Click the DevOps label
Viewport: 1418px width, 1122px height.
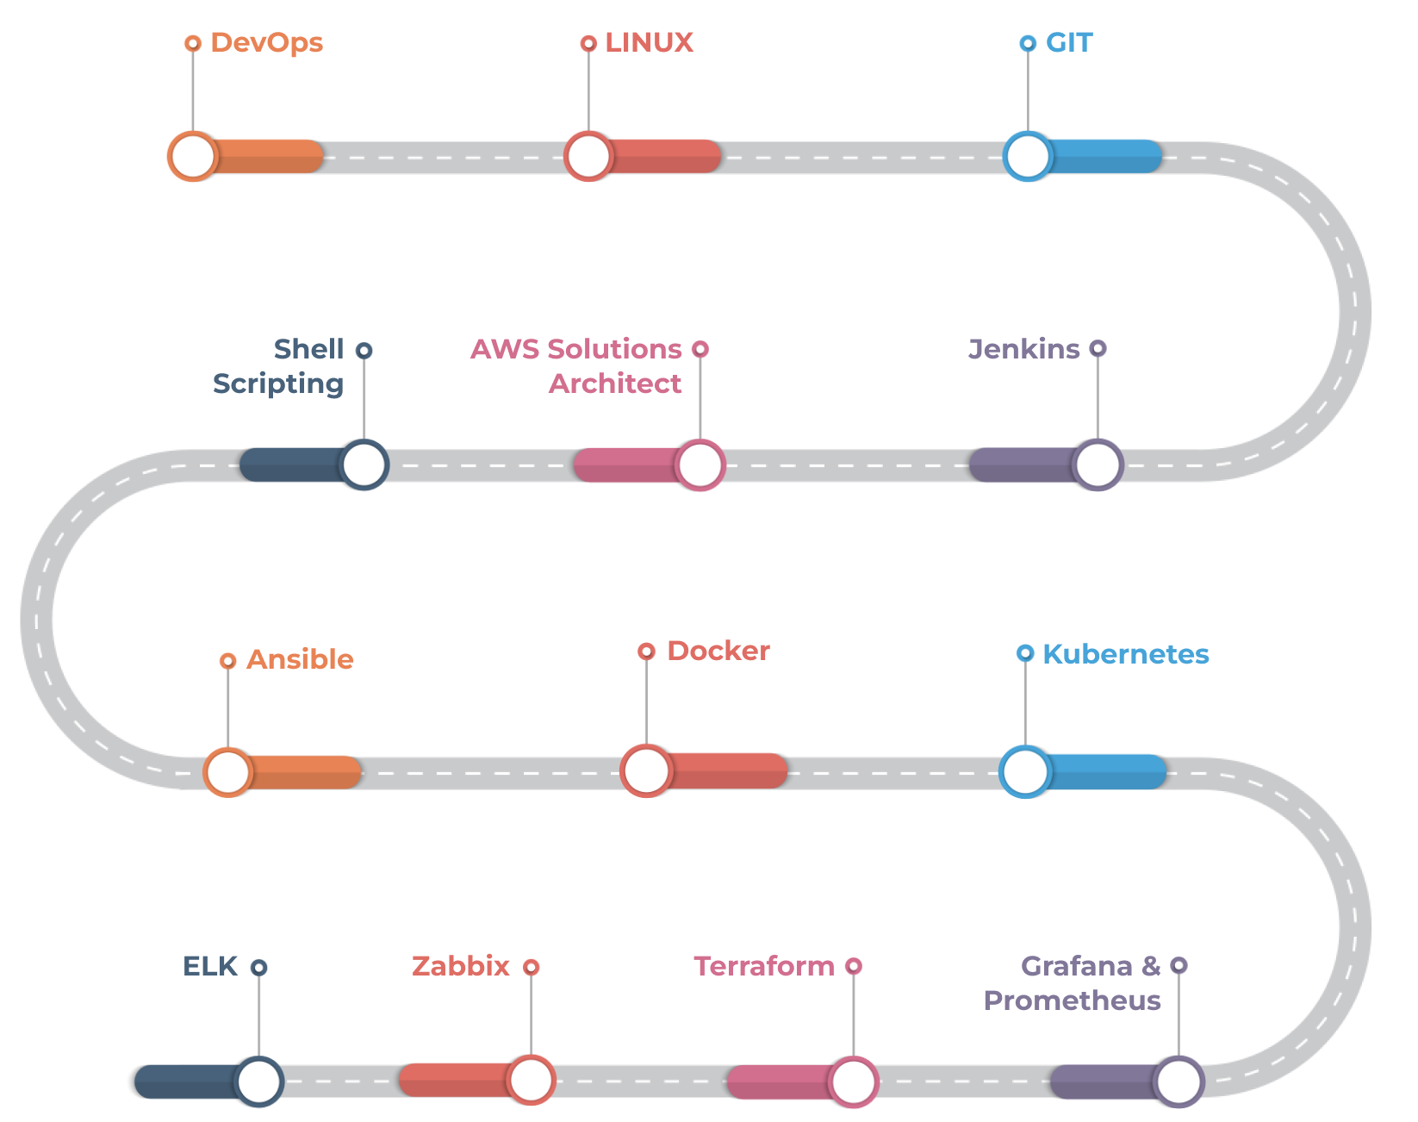267,43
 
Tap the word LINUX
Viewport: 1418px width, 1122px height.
649,43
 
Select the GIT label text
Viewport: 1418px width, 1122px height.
1069,43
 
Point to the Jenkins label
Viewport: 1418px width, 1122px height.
1024,349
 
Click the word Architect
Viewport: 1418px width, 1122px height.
615,383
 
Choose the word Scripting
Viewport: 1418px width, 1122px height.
278,384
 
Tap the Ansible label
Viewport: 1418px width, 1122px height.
300,659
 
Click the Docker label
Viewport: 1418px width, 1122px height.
718,651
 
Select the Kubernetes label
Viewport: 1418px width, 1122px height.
1126,655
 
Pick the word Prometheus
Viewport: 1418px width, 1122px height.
1072,1000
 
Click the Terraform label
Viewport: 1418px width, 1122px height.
764,966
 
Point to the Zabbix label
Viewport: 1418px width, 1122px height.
461,966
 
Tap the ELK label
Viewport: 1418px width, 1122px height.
209,966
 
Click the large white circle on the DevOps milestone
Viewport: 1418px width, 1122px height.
192,156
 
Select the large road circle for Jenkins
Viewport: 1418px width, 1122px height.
1098,464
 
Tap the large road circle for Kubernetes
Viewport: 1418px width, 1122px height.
1025,771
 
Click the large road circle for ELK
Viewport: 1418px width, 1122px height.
259,1081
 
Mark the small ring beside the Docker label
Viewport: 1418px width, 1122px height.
646,651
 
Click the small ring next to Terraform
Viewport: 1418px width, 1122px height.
854,966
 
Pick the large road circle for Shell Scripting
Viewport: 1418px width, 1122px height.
364,464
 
